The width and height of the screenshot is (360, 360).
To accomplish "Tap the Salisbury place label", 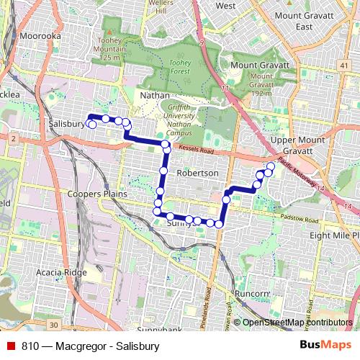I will [x=66, y=124].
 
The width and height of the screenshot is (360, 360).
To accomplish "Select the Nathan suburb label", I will [x=156, y=95].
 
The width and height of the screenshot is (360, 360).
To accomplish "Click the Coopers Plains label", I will [x=97, y=194].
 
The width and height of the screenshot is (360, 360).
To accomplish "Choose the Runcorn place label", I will [x=252, y=294].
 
